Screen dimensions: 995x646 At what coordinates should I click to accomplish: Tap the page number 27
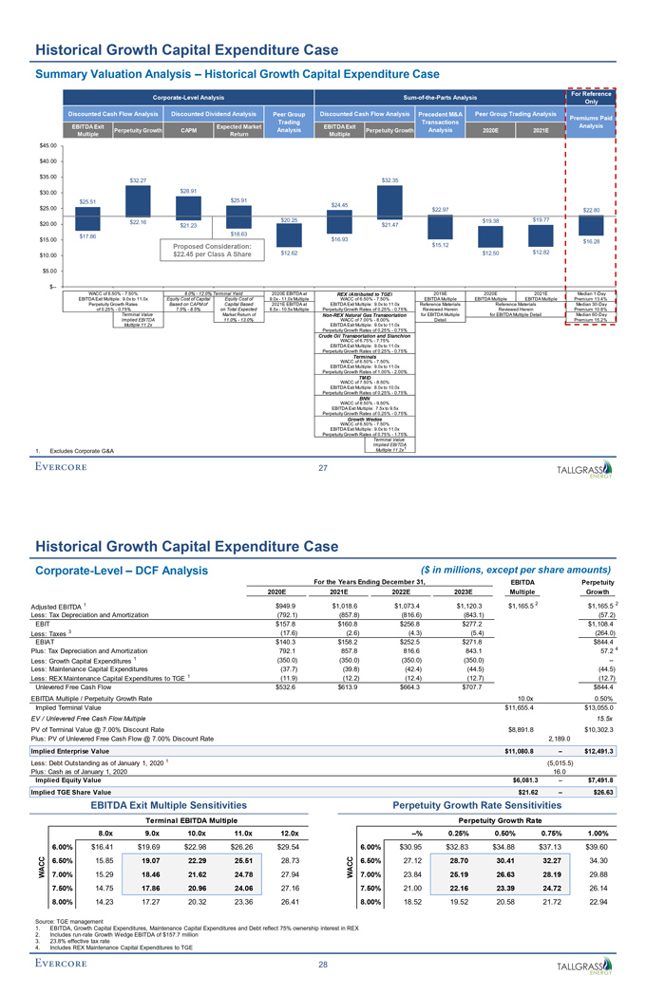coord(323,439)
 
